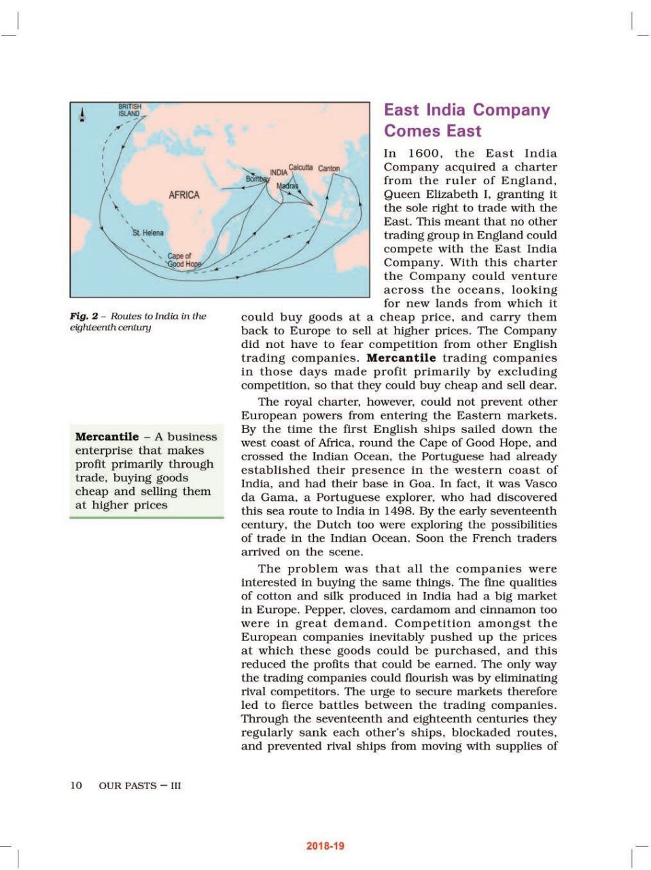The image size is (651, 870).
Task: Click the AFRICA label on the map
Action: pos(183,195)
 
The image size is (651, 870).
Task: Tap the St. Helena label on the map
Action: pos(147,232)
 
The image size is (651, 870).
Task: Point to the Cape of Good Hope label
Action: pos(184,260)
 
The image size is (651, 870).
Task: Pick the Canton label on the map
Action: pos(329,168)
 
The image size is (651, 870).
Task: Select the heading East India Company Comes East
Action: pos(467,120)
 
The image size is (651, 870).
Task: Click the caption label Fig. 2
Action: pos(84,316)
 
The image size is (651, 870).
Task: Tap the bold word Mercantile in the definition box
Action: pos(107,437)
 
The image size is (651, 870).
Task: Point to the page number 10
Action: pos(75,786)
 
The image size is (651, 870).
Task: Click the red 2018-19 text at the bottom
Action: pos(325,846)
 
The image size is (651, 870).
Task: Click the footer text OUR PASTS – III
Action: pos(140,786)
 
